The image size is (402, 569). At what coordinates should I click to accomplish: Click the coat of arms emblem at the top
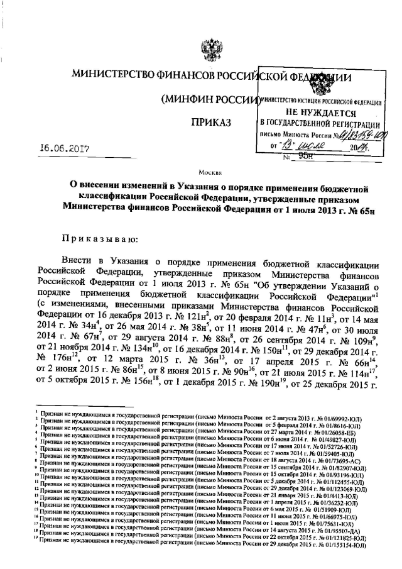click(205, 48)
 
